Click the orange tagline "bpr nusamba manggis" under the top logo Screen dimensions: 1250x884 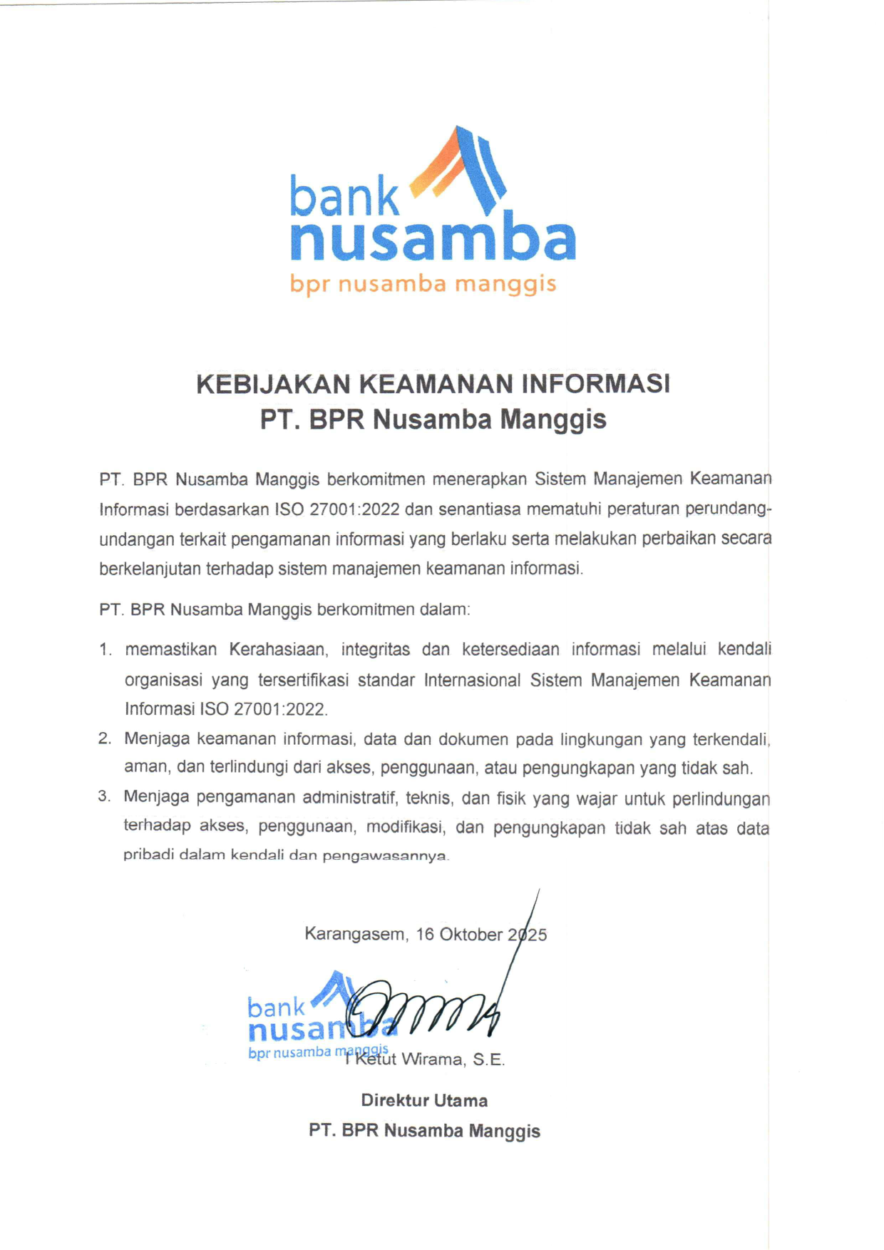point(423,284)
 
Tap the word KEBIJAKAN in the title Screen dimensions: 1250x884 point(273,384)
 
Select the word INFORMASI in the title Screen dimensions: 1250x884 point(595,384)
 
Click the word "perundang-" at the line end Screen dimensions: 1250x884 point(728,509)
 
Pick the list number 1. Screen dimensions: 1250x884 point(106,650)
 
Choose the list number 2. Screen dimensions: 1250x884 point(105,738)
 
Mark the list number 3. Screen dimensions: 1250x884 point(105,796)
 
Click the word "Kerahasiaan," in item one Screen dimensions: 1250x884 point(278,649)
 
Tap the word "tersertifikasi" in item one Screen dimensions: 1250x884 point(303,680)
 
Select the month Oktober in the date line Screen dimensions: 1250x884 point(471,935)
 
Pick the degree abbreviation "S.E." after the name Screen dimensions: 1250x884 point(488,1060)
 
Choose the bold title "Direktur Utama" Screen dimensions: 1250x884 point(424,1100)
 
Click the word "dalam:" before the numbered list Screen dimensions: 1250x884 point(447,610)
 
